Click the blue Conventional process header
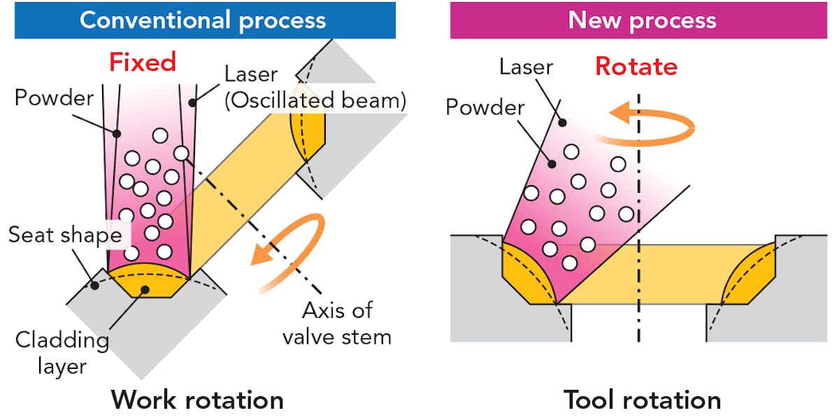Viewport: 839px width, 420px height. (203, 20)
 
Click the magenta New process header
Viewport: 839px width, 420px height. (642, 20)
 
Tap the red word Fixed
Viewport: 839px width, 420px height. (142, 63)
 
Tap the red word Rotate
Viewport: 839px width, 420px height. (636, 66)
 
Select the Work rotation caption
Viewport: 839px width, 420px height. (197, 400)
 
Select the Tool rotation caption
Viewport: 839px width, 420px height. (642, 400)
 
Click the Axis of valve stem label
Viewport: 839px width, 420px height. (336, 323)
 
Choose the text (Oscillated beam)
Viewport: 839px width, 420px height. (314, 101)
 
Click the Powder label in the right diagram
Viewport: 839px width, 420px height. (485, 108)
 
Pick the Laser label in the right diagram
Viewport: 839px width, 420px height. (526, 67)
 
